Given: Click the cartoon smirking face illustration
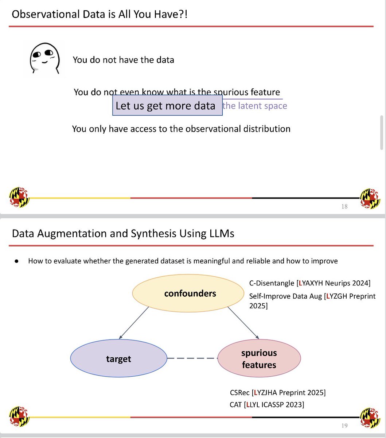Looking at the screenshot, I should pyautogui.click(x=44, y=58).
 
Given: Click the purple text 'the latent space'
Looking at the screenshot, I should pyautogui.click(x=255, y=106).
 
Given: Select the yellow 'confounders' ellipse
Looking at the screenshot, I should pyautogui.click(x=188, y=293).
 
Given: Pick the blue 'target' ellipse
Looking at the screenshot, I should pyautogui.click(x=118, y=359).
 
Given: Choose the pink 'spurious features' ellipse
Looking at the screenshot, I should pyautogui.click(x=259, y=359).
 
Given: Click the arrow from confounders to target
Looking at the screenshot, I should pyautogui.click(x=133, y=323).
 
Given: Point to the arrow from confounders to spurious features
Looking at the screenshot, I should pyautogui.click(x=243, y=323).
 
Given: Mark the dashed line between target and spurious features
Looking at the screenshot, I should pyautogui.click(x=192, y=358).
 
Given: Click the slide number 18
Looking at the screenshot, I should pyautogui.click(x=344, y=207).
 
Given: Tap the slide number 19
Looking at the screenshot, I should pyautogui.click(x=344, y=426).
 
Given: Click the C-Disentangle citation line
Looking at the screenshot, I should pyautogui.click(x=309, y=283).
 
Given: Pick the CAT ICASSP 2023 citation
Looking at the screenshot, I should pyautogui.click(x=267, y=404).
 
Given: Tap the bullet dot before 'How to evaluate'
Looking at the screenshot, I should pyautogui.click(x=16, y=261).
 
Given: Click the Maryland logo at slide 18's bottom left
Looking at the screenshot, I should pyautogui.click(x=19, y=197).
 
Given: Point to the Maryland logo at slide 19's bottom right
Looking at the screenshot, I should pyautogui.click(x=370, y=417).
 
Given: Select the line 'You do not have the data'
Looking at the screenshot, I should pyautogui.click(x=123, y=60).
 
